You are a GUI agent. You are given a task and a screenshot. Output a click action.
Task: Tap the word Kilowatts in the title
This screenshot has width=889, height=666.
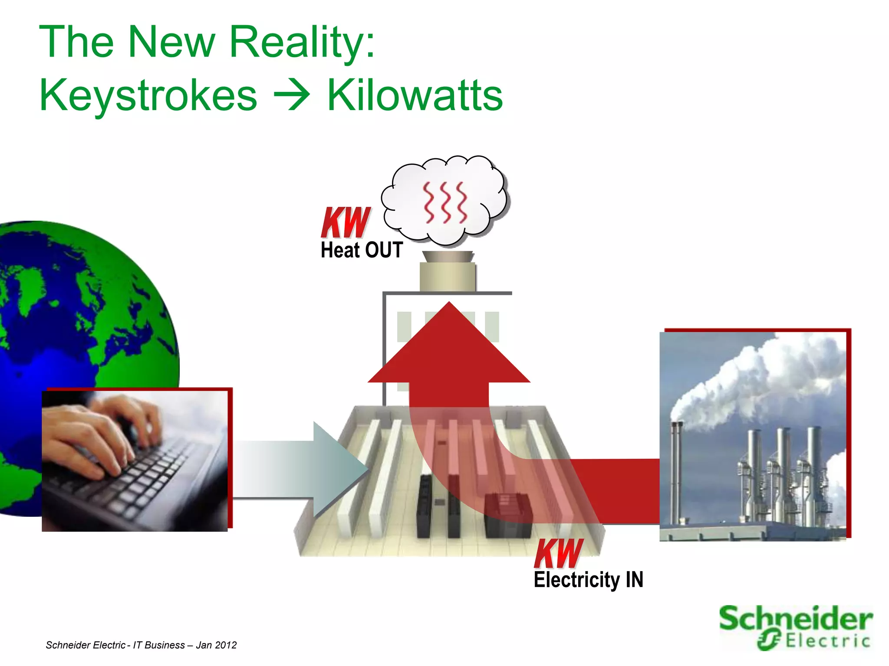[415, 95]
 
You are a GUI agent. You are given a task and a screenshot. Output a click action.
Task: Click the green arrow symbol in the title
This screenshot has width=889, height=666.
[292, 95]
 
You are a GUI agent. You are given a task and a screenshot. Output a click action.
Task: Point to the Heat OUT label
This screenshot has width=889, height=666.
[362, 250]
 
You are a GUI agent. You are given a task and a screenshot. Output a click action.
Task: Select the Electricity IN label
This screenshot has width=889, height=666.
[588, 580]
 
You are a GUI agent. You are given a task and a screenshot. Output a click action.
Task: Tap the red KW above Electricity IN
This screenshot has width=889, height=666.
[558, 553]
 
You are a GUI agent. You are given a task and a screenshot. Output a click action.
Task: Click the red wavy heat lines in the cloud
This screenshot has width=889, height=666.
[445, 202]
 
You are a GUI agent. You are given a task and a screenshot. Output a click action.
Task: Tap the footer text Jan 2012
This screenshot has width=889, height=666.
[216, 645]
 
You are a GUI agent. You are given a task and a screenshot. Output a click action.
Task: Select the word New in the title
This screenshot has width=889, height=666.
[172, 42]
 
